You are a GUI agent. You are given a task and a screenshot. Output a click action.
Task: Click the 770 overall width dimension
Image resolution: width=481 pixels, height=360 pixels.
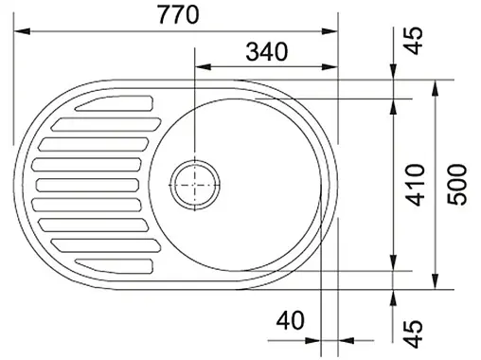click(x=178, y=15)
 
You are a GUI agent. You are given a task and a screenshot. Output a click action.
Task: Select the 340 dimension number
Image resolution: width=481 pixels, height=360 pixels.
click(x=267, y=52)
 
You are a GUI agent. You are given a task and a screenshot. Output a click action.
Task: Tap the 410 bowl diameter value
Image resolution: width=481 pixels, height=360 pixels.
click(x=416, y=185)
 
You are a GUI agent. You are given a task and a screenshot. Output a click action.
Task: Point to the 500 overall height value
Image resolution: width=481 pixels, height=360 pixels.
click(x=456, y=185)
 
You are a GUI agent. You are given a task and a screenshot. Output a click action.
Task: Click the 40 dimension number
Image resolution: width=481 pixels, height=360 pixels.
click(x=291, y=320)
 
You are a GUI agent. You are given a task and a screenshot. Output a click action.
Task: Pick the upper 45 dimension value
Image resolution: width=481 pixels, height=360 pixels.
click(x=413, y=41)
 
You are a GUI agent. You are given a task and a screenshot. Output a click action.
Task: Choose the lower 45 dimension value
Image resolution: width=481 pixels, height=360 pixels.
click(x=413, y=333)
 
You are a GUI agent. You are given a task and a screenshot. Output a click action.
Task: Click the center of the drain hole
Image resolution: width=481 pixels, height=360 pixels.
click(x=195, y=185)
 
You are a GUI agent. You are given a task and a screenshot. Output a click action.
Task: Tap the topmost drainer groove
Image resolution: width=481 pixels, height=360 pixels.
click(x=115, y=103)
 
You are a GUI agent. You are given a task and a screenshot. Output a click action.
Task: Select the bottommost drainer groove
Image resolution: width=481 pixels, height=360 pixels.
click(x=115, y=266)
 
